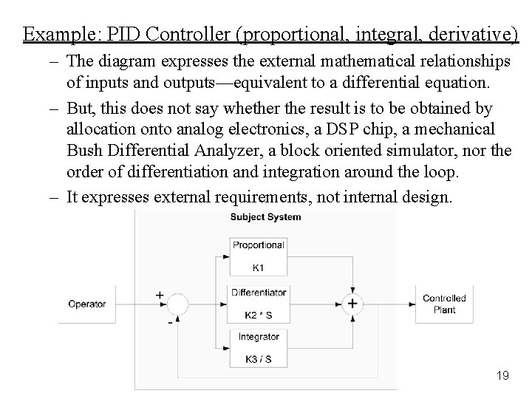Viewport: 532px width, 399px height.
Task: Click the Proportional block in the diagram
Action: pos(258,256)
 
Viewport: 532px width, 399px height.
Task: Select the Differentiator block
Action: pos(258,303)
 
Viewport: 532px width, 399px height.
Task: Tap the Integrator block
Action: pos(258,347)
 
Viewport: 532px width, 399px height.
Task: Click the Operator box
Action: pos(87,304)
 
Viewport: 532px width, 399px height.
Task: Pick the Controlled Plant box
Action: pos(444,304)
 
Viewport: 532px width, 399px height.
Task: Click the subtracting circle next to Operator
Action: pos(177,304)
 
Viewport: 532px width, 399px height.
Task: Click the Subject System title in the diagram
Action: pos(265,217)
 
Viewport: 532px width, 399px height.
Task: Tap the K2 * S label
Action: pos(258,316)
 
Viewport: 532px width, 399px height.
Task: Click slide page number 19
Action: pos(502,376)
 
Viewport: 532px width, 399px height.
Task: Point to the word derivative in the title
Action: pos(471,34)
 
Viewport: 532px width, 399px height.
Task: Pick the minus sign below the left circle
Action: pos(171,322)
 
